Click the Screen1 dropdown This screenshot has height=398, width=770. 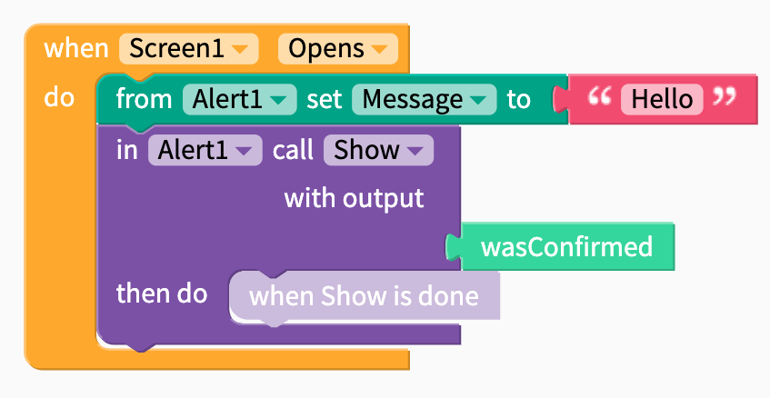[x=188, y=48]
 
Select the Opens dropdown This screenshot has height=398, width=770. [x=338, y=48]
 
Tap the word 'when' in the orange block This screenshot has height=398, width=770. [x=76, y=48]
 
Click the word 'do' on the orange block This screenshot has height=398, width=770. [x=58, y=97]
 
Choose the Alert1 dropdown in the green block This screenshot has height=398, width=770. [x=240, y=99]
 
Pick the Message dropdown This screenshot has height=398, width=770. [x=425, y=99]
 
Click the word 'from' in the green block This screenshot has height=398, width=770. [x=144, y=99]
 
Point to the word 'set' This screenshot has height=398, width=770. [x=325, y=99]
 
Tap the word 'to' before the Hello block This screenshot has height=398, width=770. [x=518, y=99]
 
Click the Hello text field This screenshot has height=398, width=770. [x=662, y=99]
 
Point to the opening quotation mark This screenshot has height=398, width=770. [x=599, y=96]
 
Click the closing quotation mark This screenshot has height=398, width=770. [x=725, y=96]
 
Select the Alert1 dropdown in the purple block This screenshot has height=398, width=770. [x=205, y=150]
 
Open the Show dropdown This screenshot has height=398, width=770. [x=378, y=150]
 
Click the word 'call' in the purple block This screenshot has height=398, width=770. [x=293, y=150]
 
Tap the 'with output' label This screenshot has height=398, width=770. [x=354, y=198]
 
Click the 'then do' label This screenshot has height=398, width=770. [x=162, y=294]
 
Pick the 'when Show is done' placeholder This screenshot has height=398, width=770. [x=364, y=296]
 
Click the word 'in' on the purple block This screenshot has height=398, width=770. [x=126, y=150]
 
